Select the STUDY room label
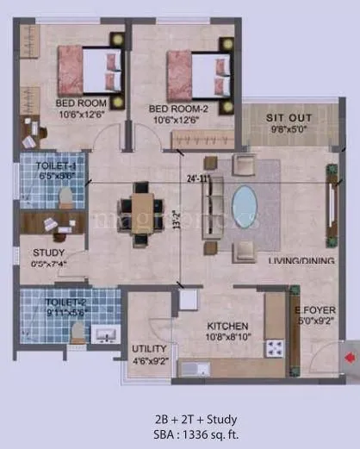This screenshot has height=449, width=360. (x=43, y=252)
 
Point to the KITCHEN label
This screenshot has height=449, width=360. (x=227, y=327)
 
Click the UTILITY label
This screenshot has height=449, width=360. (x=149, y=348)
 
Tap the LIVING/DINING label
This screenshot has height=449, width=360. (x=301, y=259)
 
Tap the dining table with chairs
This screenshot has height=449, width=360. (x=138, y=207)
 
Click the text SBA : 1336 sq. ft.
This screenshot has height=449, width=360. (x=179, y=433)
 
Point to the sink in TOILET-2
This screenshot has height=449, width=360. (x=104, y=335)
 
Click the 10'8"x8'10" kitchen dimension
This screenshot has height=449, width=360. (x=227, y=338)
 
